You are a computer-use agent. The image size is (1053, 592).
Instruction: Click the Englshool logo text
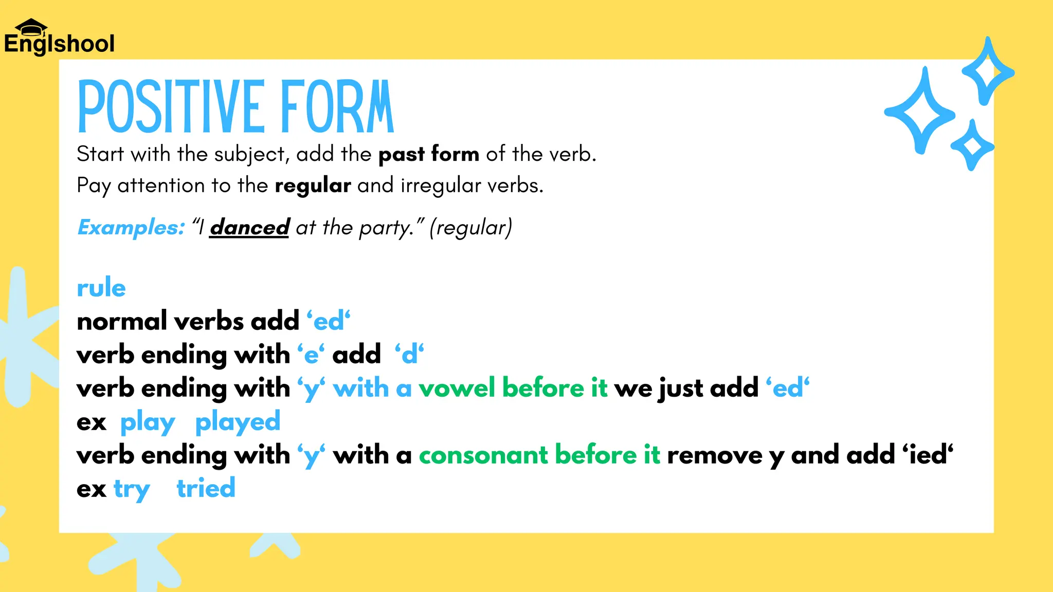point(59,44)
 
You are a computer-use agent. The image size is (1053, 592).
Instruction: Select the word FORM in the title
point(337,107)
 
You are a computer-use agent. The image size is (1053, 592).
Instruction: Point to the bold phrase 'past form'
point(429,154)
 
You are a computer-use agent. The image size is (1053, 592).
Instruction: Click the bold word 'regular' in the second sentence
point(313,186)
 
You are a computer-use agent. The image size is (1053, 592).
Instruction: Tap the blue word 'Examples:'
point(131,227)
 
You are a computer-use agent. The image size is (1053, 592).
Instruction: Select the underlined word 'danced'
point(250,227)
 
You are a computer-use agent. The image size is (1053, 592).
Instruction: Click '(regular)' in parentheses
point(471,227)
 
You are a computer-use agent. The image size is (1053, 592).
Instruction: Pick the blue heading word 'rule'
point(101,287)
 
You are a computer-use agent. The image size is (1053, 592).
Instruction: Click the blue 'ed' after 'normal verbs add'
point(329,322)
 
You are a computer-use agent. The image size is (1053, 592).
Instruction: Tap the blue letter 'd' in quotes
point(409,355)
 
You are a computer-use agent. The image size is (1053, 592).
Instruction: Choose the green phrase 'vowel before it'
point(513,388)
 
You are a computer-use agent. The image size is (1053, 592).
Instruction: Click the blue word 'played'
point(238,422)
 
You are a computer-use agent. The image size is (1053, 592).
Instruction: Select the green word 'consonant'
point(483,455)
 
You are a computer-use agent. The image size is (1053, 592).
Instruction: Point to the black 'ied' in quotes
point(928,455)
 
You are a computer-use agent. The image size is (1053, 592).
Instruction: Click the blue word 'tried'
point(206,488)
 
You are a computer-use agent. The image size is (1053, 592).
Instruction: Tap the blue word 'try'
point(132,489)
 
